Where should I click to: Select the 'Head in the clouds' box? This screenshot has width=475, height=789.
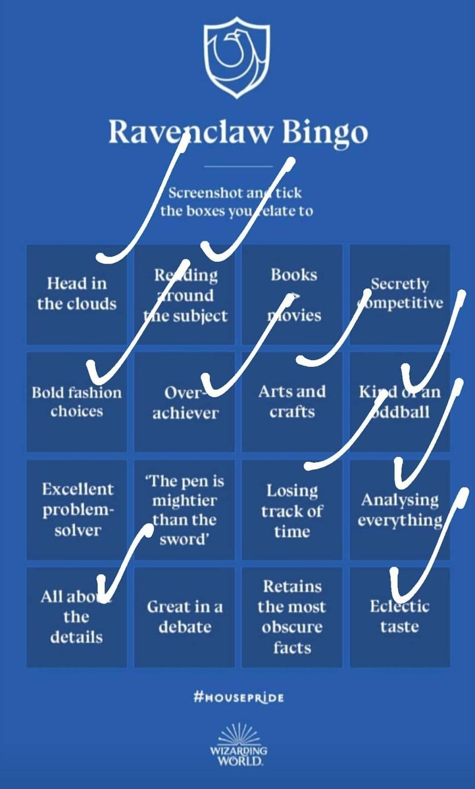(x=76, y=294)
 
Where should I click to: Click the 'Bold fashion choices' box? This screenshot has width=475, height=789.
(x=76, y=402)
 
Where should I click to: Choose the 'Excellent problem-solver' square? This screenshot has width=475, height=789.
(x=78, y=510)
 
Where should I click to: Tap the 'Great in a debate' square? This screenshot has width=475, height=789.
(x=184, y=617)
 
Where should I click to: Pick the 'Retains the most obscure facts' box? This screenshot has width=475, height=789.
(x=292, y=617)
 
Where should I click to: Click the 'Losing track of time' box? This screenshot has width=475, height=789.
(x=292, y=511)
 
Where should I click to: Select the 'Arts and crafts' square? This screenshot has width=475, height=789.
(x=292, y=402)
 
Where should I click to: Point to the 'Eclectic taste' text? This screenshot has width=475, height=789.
(x=399, y=616)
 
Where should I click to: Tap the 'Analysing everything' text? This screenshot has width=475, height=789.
(x=399, y=510)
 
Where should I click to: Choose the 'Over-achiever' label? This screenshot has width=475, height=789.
(x=185, y=403)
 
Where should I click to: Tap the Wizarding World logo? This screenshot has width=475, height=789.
(x=239, y=746)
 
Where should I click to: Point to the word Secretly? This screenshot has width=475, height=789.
(x=399, y=284)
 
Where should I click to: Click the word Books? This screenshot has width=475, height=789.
(x=293, y=275)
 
